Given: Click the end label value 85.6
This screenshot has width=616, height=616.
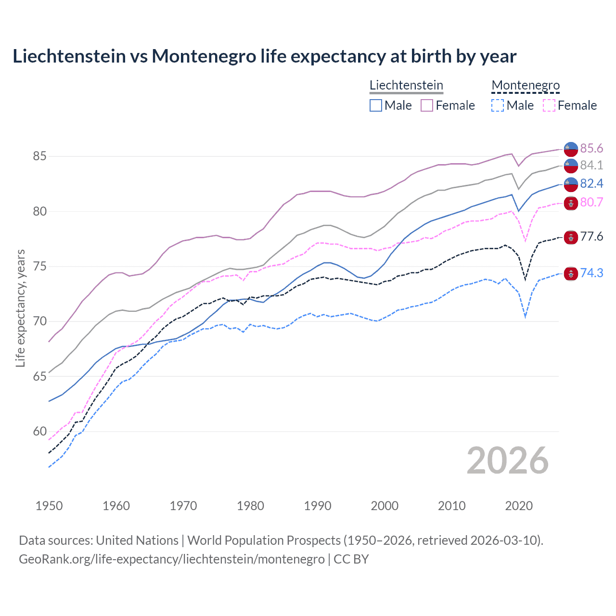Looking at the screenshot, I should point(591,148).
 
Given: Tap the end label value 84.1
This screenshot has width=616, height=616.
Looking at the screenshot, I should point(591,165).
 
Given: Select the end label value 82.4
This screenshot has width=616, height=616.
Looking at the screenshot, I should point(591,183).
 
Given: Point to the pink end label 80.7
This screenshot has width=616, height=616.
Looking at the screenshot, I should point(591,202).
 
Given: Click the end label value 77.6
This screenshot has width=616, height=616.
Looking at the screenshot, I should point(591,236).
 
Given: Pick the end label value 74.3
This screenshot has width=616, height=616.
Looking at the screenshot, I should point(591,273).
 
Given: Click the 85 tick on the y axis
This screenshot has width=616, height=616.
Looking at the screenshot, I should point(39,156).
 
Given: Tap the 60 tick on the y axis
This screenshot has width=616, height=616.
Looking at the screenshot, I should point(39,431).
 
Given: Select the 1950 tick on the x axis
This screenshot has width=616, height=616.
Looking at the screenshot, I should point(49,506).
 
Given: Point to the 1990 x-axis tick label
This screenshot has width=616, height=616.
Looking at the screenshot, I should point(318,506).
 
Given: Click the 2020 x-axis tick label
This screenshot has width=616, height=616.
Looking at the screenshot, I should point(519,506).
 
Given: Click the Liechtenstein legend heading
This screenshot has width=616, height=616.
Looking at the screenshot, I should point(406,85).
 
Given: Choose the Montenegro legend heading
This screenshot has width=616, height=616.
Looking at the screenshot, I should point(526,85).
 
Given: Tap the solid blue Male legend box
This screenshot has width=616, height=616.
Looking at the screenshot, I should point(376,105).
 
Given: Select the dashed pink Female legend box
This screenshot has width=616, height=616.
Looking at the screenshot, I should point(549,105).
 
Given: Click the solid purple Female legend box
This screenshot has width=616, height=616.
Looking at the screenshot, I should point(427,105).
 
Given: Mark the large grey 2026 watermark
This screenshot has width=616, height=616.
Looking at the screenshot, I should point(507,461).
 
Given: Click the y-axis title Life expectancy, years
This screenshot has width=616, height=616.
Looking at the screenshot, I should point(20,308).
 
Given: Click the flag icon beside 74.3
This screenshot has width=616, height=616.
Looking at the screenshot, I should point(571,273).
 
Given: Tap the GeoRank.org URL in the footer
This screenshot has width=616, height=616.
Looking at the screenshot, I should point(171,559).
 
